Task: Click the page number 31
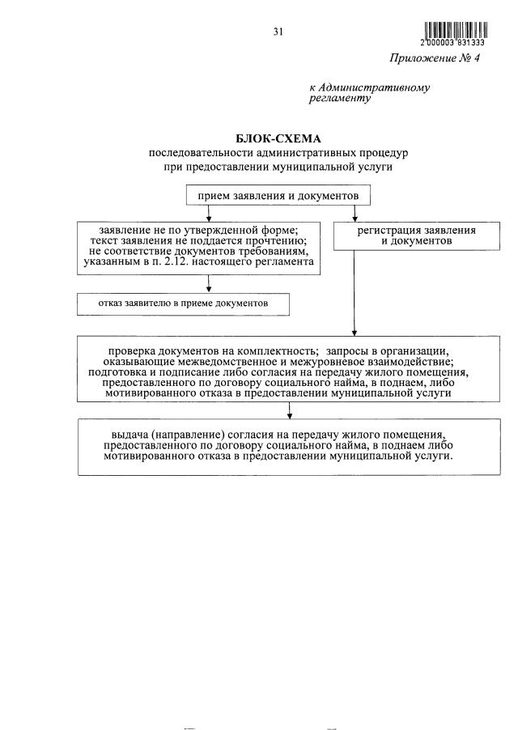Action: (x=278, y=32)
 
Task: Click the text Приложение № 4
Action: (x=435, y=58)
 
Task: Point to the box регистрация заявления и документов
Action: (x=416, y=236)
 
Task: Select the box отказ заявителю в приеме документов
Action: (x=183, y=303)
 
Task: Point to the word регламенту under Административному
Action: (x=340, y=99)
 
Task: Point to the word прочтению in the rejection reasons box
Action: (x=274, y=241)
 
